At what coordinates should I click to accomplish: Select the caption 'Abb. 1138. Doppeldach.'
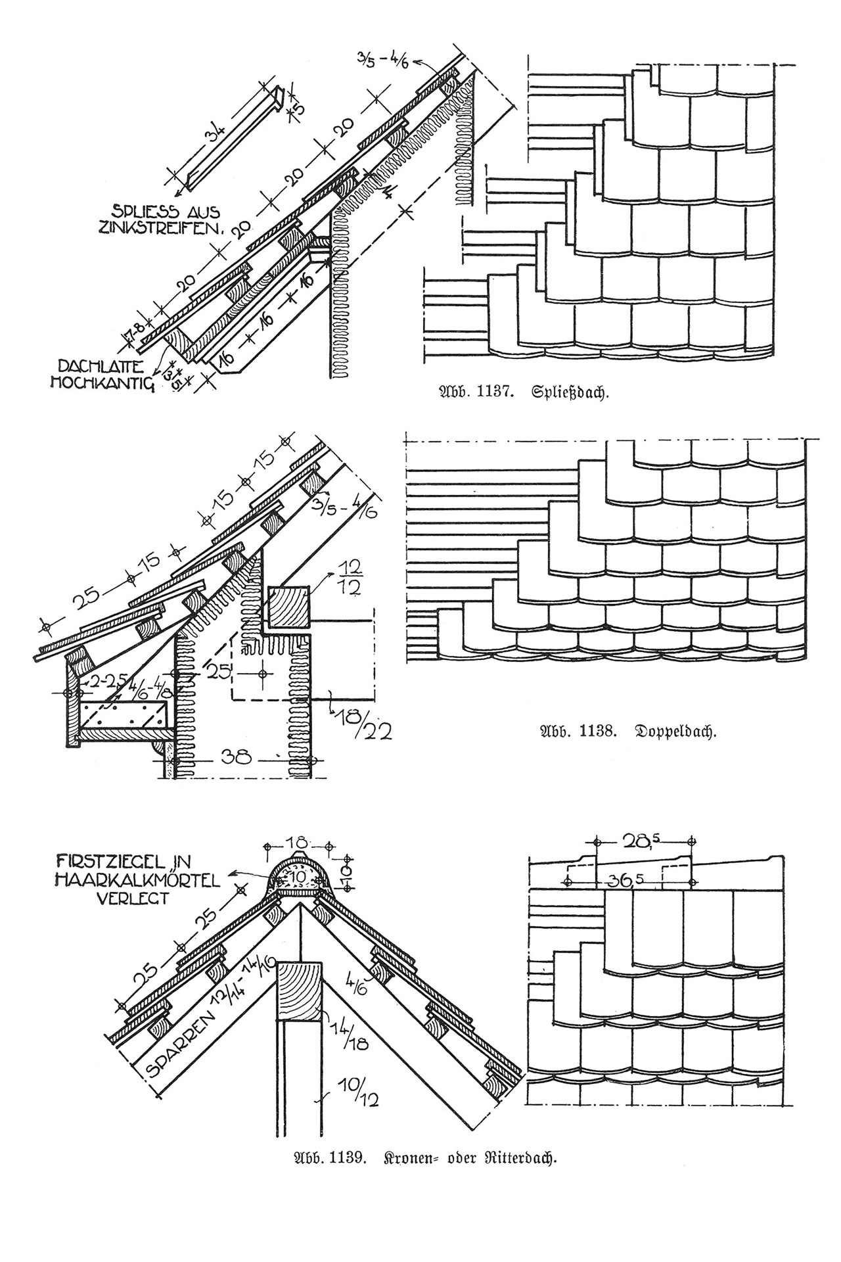point(627,731)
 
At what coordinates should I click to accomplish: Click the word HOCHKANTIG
point(102,383)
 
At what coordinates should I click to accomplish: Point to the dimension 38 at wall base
point(236,757)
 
